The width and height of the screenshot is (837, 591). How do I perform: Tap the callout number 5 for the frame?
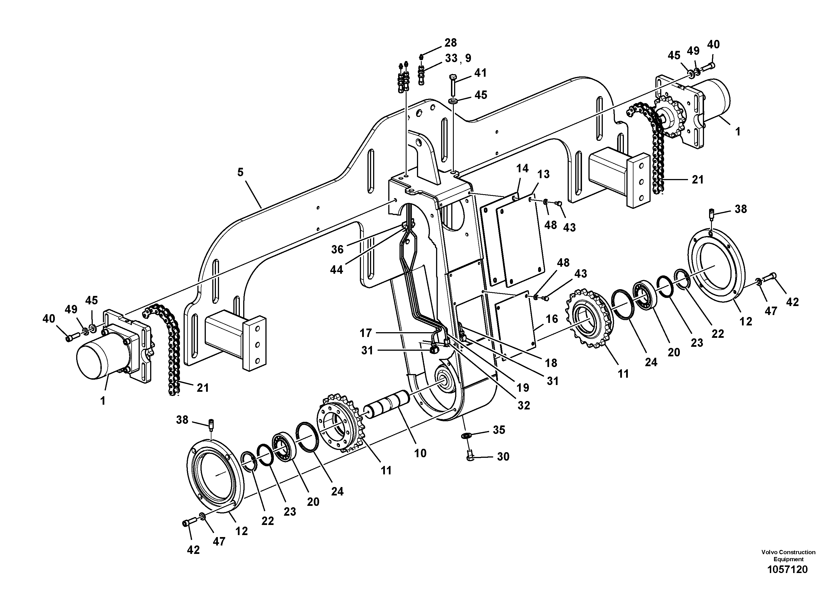pos(240,172)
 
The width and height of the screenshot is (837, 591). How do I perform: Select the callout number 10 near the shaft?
pos(420,453)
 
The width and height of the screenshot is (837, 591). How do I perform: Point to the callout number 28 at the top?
pos(451,43)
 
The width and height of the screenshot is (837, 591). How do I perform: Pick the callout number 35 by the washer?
pos(499,430)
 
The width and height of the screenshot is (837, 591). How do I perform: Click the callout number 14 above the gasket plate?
pos(522,168)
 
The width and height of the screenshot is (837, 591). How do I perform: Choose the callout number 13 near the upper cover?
pos(543,174)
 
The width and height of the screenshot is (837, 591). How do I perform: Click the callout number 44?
pos(337,270)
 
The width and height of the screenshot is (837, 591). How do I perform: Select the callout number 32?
pos(524,405)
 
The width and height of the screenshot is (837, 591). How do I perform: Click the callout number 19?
pos(523,388)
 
